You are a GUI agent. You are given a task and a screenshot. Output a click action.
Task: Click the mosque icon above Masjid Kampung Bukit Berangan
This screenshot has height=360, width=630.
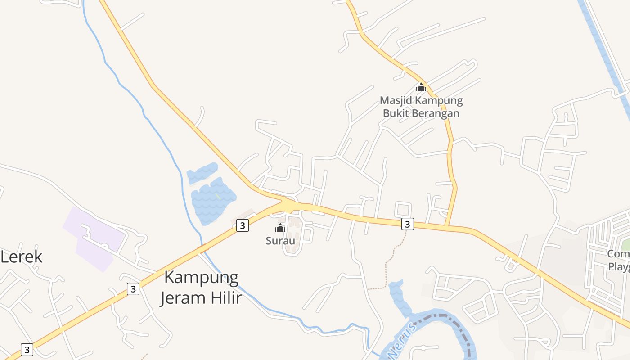pos(421,87)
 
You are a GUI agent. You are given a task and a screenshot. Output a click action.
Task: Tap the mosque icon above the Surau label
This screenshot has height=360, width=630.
pos(280,228)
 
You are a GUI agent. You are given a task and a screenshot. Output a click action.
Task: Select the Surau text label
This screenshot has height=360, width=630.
pos(280,241)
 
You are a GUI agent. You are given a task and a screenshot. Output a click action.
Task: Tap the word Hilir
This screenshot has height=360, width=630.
pos(226,297)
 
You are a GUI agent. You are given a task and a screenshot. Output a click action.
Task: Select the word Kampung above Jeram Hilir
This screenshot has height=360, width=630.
pos(201,277)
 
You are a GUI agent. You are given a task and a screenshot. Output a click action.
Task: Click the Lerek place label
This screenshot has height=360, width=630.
pos(22,257)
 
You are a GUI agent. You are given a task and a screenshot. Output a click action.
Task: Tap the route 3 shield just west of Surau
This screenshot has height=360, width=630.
pos(243,225)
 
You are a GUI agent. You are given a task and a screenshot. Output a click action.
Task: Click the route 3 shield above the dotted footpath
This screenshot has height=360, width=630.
pos(407,224)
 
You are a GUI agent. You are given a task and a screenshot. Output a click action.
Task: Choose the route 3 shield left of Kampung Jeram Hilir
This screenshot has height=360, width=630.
pos(133,288)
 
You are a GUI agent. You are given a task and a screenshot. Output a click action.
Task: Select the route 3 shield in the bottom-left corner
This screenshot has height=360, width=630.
pos(27,349)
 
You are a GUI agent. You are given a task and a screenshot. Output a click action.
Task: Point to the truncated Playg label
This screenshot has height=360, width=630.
pos(619,266)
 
